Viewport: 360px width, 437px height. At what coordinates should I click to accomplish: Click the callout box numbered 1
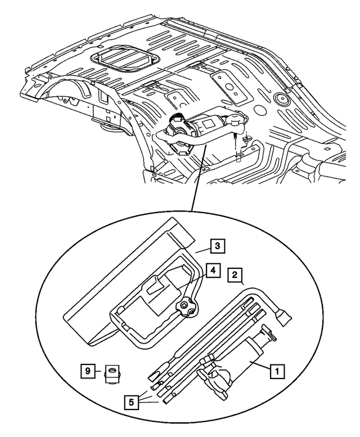click(x=276, y=371)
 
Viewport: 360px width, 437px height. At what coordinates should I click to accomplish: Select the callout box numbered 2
click(x=235, y=275)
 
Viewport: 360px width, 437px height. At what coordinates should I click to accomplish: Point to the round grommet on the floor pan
click(x=280, y=100)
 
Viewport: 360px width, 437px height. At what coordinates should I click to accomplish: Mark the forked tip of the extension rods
click(x=153, y=373)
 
